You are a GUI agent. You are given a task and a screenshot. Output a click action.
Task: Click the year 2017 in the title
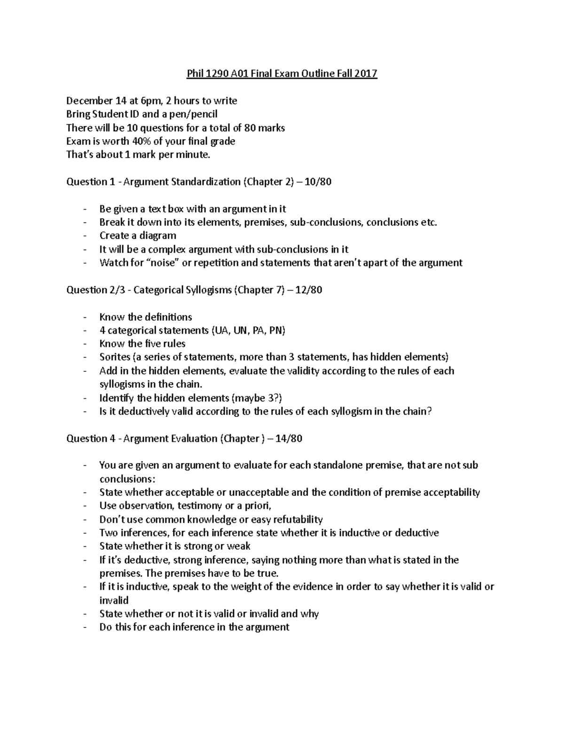(366, 74)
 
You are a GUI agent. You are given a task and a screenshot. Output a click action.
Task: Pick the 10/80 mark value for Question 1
(318, 182)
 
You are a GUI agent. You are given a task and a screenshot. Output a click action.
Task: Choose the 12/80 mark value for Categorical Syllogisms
(308, 290)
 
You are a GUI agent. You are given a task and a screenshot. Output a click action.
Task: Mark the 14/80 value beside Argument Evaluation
(289, 439)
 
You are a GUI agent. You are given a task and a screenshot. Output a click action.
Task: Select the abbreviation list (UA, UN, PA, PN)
(248, 330)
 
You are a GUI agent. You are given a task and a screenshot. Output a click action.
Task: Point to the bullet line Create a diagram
(138, 235)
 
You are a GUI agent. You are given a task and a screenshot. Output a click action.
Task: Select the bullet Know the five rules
(142, 344)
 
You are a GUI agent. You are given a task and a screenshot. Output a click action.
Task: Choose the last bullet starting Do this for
(194, 627)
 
